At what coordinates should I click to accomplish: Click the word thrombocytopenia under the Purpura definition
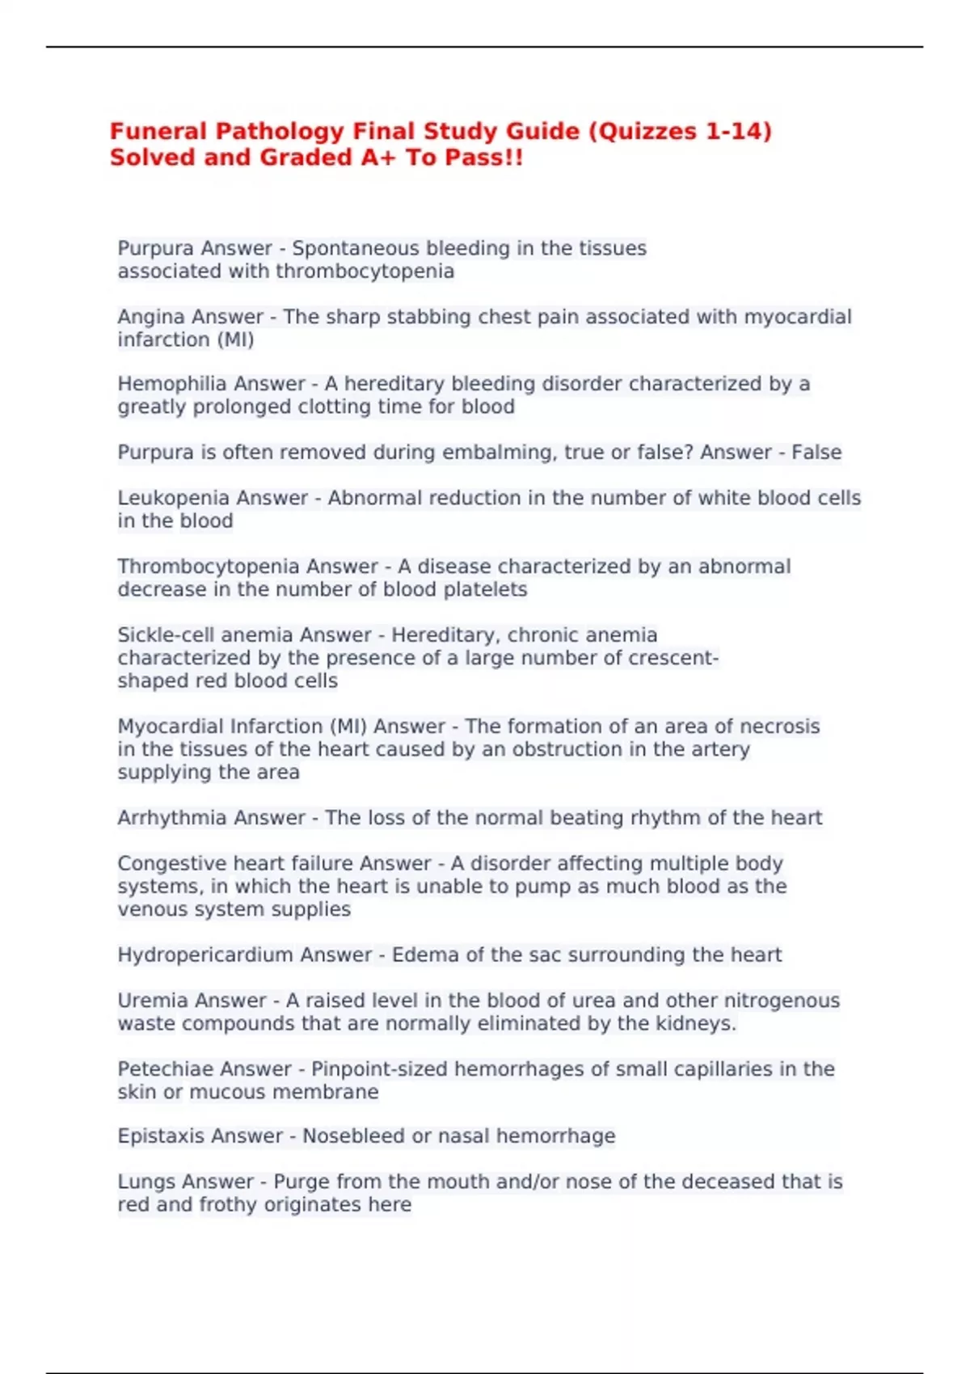pyautogui.click(x=365, y=272)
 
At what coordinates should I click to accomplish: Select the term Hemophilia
pyautogui.click(x=166, y=384)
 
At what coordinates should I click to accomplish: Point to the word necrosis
pyautogui.click(x=779, y=727)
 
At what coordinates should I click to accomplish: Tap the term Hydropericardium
pyautogui.click(x=205, y=955)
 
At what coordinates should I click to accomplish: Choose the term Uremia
pyautogui.click(x=151, y=1001)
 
